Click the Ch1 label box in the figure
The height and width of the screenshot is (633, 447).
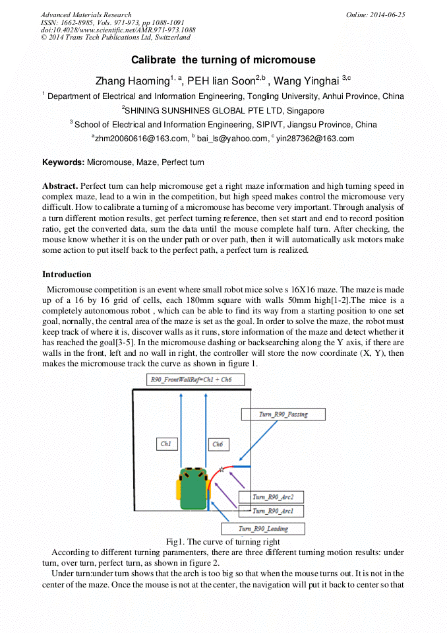(166, 444)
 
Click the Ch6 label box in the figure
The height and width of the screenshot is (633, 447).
(218, 444)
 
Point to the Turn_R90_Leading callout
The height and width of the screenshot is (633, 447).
(263, 529)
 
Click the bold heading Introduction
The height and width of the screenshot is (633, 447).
(67, 275)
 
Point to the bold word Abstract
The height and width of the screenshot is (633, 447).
(60, 186)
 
